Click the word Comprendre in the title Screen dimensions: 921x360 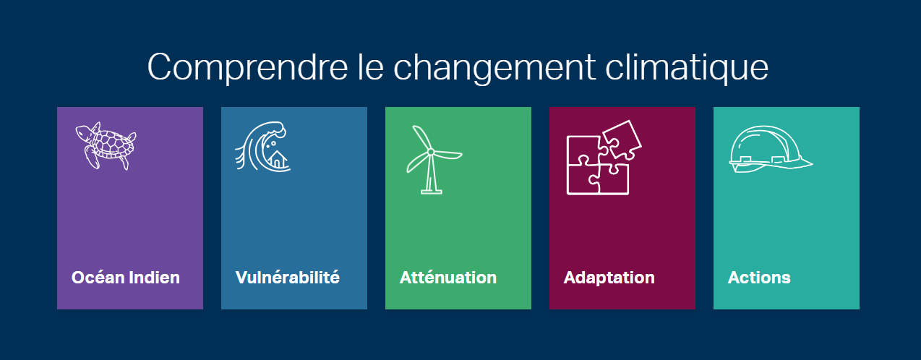point(247,68)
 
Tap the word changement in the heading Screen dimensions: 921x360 point(494,68)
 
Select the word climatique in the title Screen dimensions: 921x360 point(687,67)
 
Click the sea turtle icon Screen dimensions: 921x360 point(106,145)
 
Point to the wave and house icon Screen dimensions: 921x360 point(263,146)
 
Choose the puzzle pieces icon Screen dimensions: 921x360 point(604,158)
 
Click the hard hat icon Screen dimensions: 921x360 point(771,149)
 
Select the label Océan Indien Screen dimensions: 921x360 point(125,278)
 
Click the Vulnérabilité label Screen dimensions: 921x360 point(288,278)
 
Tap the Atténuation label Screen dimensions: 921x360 point(447,278)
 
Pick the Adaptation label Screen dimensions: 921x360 point(609,278)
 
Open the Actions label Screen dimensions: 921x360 point(759,278)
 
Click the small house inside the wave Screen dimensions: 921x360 point(278,160)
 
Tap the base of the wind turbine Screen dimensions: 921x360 point(432,192)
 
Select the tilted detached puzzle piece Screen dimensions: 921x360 point(622,140)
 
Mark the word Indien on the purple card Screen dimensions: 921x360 point(155,278)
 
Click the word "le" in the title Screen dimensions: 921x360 point(371,67)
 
